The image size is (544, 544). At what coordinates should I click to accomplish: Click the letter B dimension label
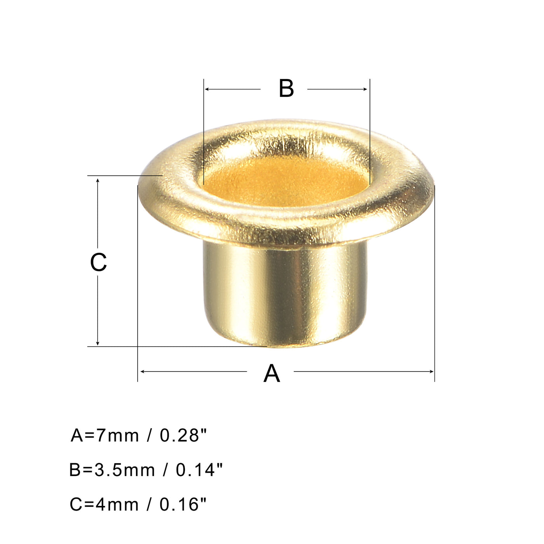(x=286, y=89)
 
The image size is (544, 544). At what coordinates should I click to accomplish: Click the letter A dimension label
(x=271, y=373)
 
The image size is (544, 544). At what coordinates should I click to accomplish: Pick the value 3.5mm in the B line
(x=125, y=470)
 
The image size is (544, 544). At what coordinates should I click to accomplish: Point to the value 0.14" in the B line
(x=199, y=470)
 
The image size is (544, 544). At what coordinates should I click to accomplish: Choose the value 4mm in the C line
(x=117, y=505)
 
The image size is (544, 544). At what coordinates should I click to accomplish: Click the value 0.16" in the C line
(x=183, y=505)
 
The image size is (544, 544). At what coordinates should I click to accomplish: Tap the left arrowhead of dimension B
(x=206, y=89)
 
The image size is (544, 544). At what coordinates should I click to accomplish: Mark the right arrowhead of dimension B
(x=366, y=89)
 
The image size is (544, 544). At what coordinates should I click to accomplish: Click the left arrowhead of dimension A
(x=142, y=372)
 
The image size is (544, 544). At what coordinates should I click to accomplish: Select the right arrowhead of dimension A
(x=431, y=372)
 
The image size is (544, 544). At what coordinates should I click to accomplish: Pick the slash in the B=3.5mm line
(x=166, y=470)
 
